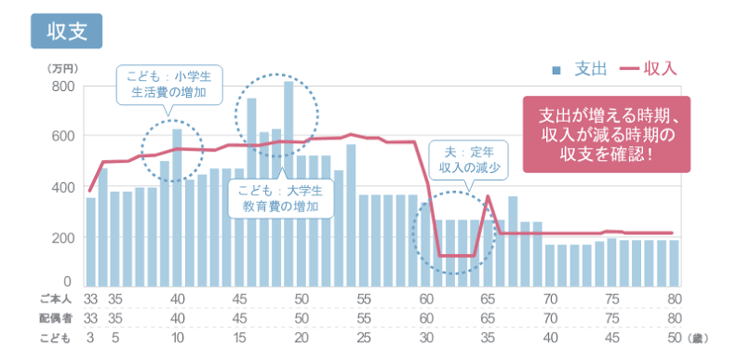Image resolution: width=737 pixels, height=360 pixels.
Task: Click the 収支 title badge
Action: point(66,31)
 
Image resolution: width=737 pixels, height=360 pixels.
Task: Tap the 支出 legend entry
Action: point(580,70)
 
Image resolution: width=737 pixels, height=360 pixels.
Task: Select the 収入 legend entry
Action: point(649,70)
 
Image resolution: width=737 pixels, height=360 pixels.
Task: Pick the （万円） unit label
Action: point(62,69)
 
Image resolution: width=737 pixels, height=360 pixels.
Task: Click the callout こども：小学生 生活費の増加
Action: point(169,85)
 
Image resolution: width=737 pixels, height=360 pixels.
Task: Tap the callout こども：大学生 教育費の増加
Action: point(281,199)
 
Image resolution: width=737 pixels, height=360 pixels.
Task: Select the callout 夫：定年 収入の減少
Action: point(469,160)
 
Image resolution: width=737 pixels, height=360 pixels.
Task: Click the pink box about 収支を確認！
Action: point(607,134)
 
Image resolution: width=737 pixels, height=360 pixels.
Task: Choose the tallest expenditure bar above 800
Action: point(288,184)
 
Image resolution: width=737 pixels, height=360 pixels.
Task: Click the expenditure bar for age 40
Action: point(177,207)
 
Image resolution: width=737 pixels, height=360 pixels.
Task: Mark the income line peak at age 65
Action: point(488,196)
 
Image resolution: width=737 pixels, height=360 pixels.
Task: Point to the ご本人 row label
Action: point(55,299)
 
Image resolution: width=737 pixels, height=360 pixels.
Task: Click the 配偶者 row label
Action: point(56,318)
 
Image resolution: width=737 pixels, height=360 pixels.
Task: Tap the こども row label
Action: point(55,338)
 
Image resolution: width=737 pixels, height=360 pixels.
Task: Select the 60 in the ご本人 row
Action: point(426,299)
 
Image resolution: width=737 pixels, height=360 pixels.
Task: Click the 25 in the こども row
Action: point(364,338)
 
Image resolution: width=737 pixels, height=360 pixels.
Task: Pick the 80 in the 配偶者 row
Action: point(675,318)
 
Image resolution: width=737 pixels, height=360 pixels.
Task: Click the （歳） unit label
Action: point(697,339)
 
